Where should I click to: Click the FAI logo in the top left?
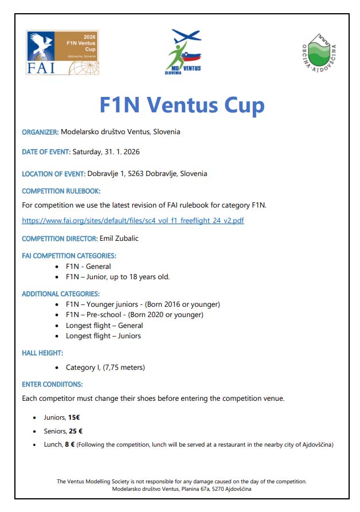tap(62, 52)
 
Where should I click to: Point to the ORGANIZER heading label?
tap(40, 132)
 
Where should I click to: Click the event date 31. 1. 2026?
tap(120, 152)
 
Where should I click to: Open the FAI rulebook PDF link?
tap(133, 220)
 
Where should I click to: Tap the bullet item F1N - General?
tap(88, 266)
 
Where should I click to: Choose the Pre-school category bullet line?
tap(134, 315)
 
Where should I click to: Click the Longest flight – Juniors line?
tap(103, 335)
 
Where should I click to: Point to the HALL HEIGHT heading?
tap(42, 353)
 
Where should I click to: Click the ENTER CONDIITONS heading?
tap(52, 384)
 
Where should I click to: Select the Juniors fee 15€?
tap(73, 418)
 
